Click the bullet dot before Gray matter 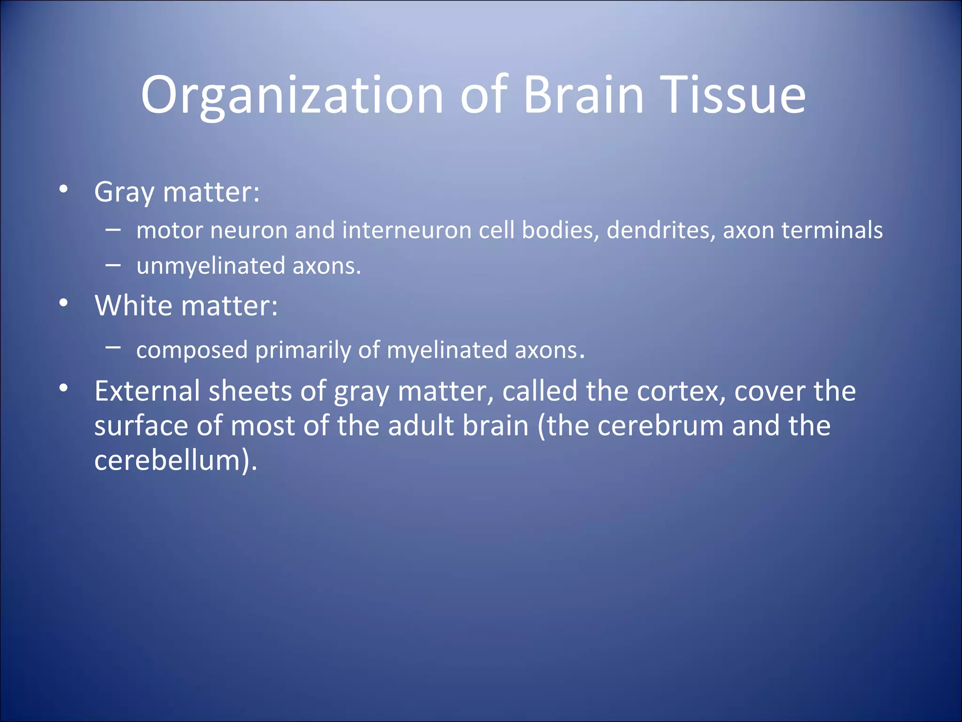pos(64,189)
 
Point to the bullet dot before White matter pos(64,303)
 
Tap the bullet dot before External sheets pos(64,389)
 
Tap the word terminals pos(832,230)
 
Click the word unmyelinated pos(210,267)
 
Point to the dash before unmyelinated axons pos(113,265)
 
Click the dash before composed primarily pos(113,347)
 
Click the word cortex pos(681,392)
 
